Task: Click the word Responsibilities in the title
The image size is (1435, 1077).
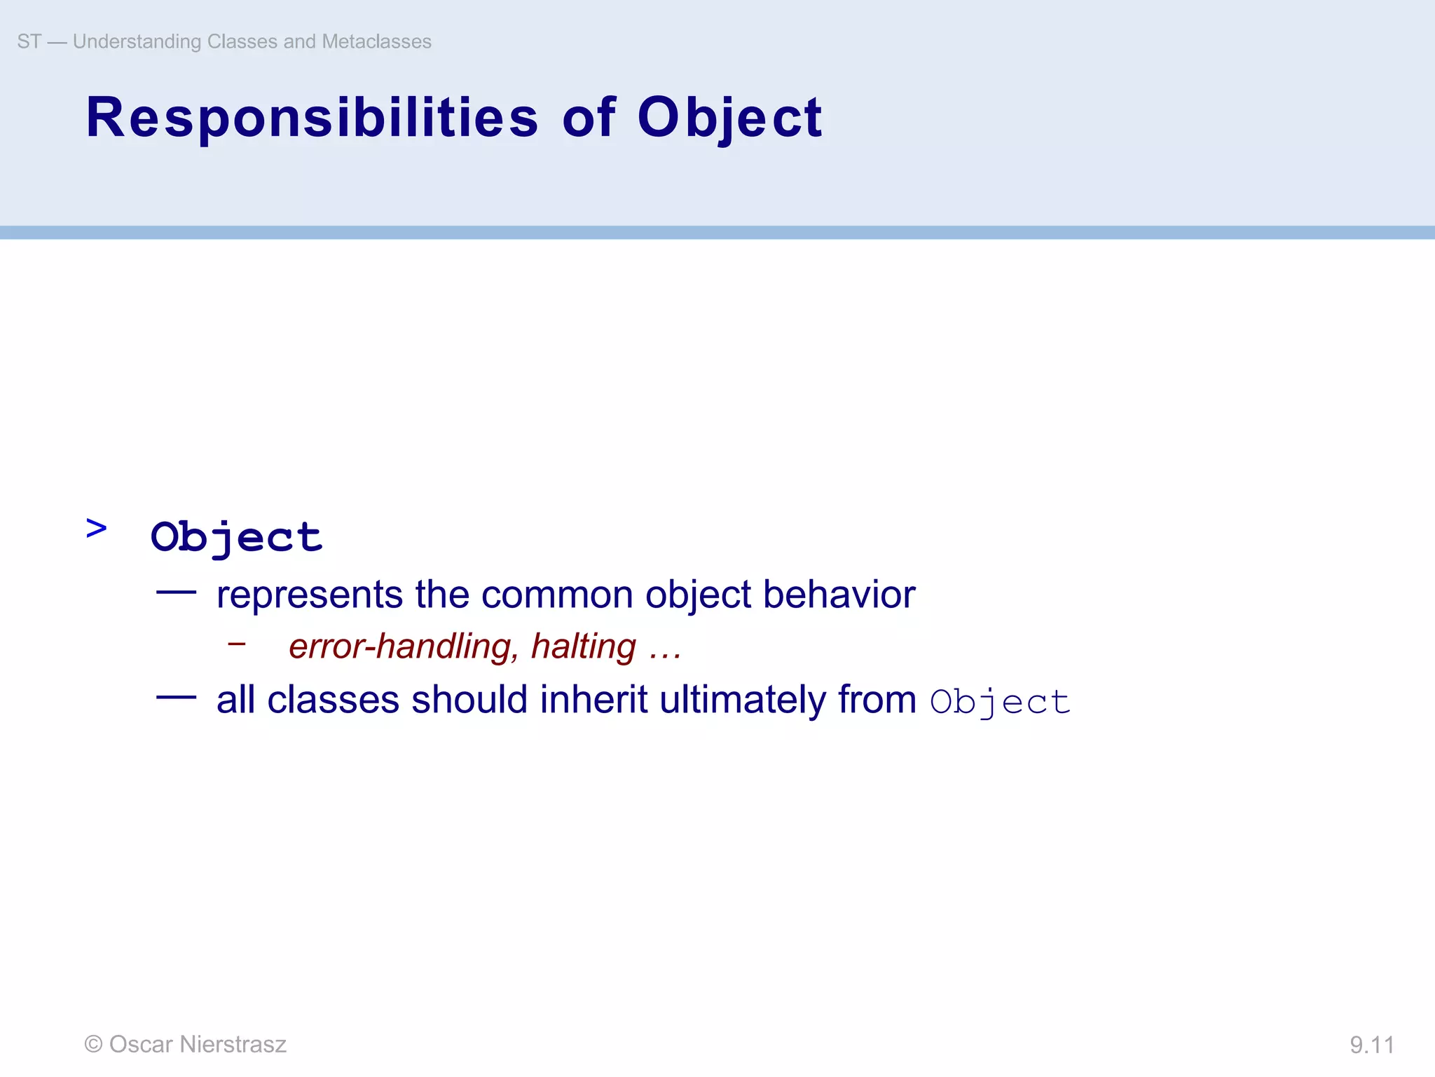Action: pos(312,117)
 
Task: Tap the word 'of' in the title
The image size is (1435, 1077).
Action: pos(589,117)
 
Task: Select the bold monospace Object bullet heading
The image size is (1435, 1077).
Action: pos(236,537)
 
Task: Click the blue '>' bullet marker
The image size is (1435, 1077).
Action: pos(96,528)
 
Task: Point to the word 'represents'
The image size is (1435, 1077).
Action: pos(309,595)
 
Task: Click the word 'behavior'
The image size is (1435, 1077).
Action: pos(839,595)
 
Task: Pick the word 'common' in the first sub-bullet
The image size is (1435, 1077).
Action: pos(557,595)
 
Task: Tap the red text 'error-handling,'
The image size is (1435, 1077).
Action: pos(404,646)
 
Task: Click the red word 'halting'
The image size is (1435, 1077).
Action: pos(584,646)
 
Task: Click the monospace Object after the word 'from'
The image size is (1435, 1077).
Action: pos(1000,702)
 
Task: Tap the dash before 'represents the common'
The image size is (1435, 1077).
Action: pos(176,592)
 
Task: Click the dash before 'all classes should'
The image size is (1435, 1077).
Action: pos(176,697)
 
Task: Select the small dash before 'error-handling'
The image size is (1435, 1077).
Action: pos(237,642)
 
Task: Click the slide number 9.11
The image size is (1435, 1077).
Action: pos(1371,1045)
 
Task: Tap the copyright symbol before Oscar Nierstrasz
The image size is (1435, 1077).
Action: pos(93,1044)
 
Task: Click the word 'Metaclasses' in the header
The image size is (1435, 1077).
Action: pos(376,41)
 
